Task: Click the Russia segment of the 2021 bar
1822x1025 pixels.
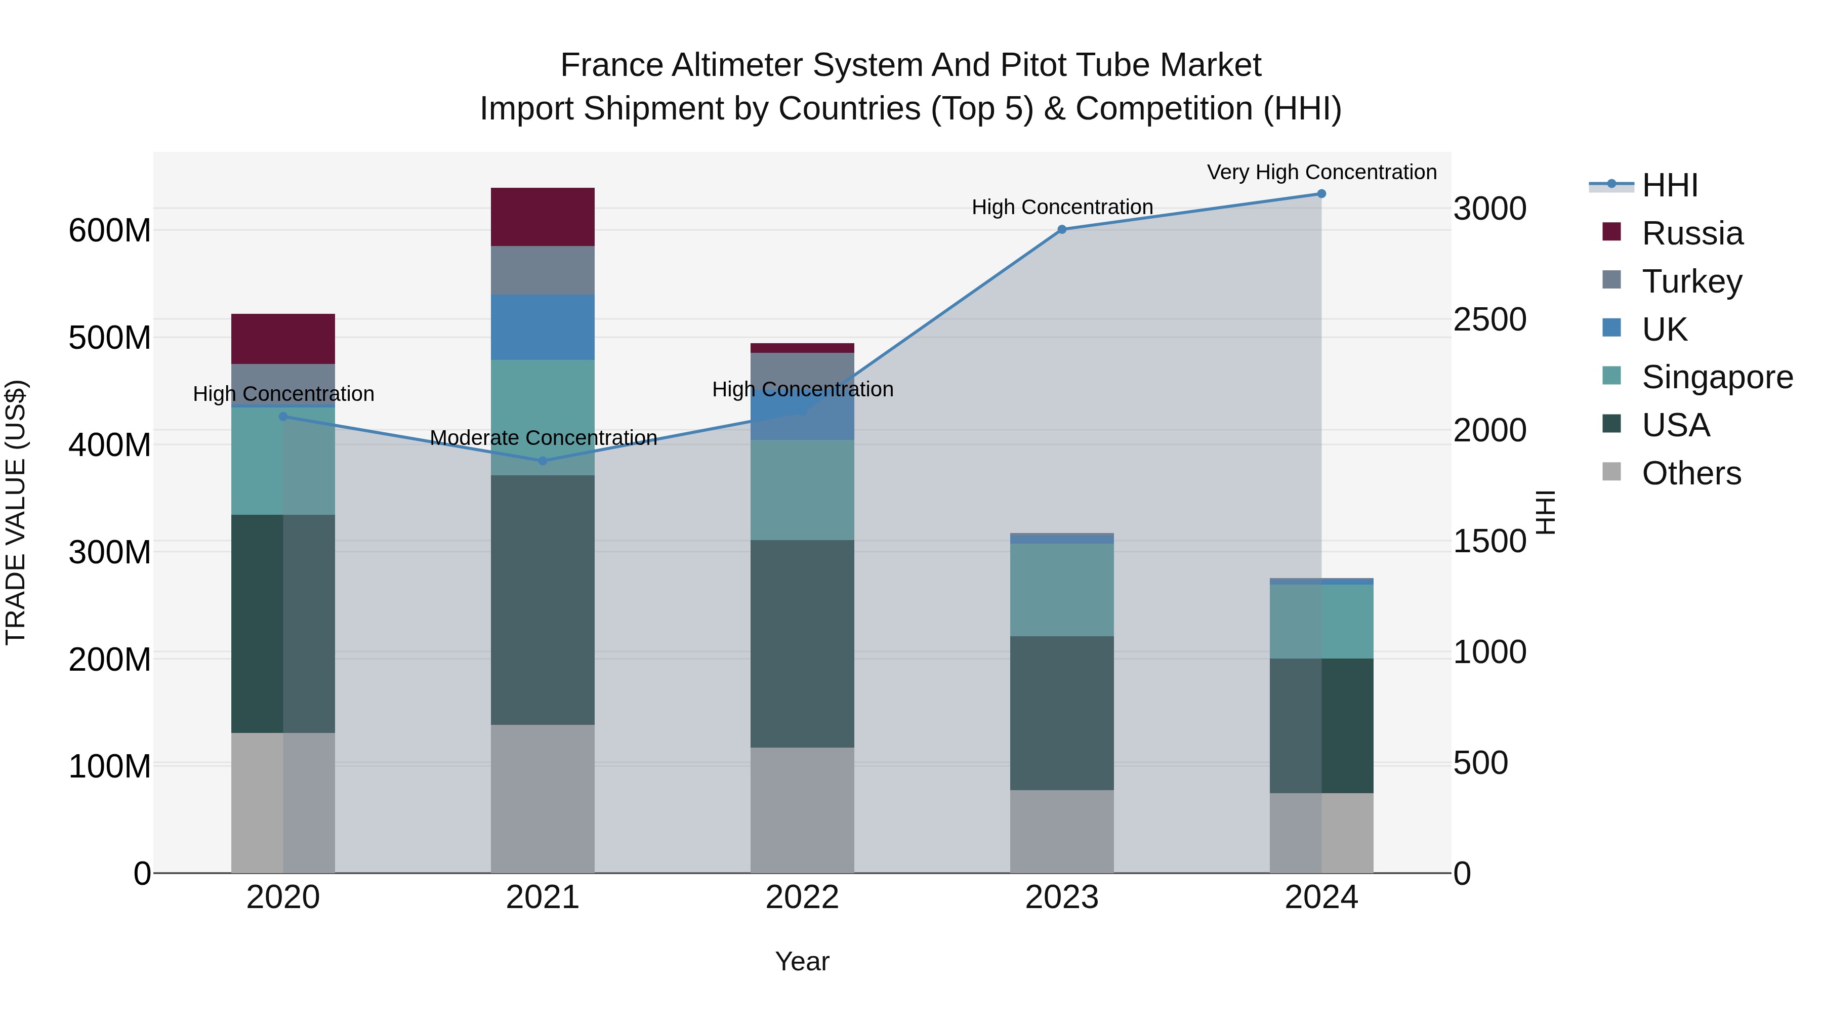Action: (x=543, y=217)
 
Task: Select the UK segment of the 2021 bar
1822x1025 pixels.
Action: (x=543, y=327)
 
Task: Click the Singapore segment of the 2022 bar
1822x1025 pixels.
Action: (x=802, y=490)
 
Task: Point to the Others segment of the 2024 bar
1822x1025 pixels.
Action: (x=1321, y=833)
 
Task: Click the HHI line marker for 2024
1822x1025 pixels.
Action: (x=1321, y=194)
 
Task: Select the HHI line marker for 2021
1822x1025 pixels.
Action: (x=543, y=461)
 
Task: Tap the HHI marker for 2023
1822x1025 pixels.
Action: (x=1062, y=229)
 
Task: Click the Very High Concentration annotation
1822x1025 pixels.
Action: (x=1321, y=172)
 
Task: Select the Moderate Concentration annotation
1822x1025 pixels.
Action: (x=543, y=438)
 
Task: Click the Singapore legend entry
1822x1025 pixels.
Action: (x=1717, y=377)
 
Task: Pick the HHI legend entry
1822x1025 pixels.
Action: (x=1669, y=185)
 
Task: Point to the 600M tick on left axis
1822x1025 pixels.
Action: (x=110, y=231)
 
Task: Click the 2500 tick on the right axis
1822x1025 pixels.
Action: (x=1489, y=320)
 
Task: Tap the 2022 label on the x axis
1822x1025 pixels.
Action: (x=802, y=897)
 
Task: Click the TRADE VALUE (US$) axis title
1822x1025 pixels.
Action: (x=16, y=512)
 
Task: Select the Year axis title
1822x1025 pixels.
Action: (x=802, y=961)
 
